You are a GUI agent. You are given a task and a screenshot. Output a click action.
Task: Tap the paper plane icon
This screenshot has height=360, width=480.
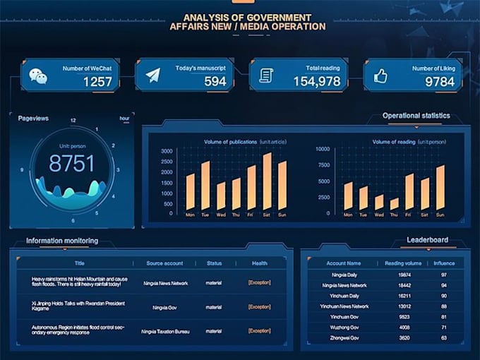[x=153, y=75]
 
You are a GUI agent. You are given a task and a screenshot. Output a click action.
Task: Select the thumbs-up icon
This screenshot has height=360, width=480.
[x=381, y=75]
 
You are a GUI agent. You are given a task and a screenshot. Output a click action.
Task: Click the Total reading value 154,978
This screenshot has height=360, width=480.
[x=317, y=82]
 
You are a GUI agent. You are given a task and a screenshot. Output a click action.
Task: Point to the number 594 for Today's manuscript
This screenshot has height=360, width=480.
[x=215, y=82]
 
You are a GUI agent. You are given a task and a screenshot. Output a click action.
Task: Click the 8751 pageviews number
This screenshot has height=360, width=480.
[x=71, y=164]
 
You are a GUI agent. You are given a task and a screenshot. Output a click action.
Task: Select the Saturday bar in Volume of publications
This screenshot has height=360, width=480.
[x=268, y=181]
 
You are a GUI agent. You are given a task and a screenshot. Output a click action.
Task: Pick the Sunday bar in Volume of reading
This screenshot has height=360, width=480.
[x=440, y=188]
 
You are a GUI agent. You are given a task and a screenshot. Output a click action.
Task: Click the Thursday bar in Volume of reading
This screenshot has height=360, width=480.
[x=394, y=204]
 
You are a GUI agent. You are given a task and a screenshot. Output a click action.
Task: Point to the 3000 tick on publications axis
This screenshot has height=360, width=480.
[x=167, y=151]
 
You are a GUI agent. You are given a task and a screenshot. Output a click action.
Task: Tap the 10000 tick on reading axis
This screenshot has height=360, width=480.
[x=322, y=149]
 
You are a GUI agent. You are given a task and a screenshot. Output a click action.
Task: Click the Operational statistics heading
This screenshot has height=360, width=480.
[x=416, y=115]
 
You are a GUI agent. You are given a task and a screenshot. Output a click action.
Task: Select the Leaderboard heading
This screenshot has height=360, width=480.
[x=427, y=240]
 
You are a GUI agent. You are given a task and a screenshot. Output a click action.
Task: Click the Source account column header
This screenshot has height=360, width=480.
[x=164, y=263]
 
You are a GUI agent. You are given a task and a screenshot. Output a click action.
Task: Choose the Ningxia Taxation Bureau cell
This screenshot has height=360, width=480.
[x=164, y=330]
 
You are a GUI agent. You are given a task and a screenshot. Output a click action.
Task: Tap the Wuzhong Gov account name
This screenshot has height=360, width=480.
[x=344, y=328]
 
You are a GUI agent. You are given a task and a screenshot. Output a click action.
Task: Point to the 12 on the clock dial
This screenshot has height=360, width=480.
[x=73, y=121]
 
